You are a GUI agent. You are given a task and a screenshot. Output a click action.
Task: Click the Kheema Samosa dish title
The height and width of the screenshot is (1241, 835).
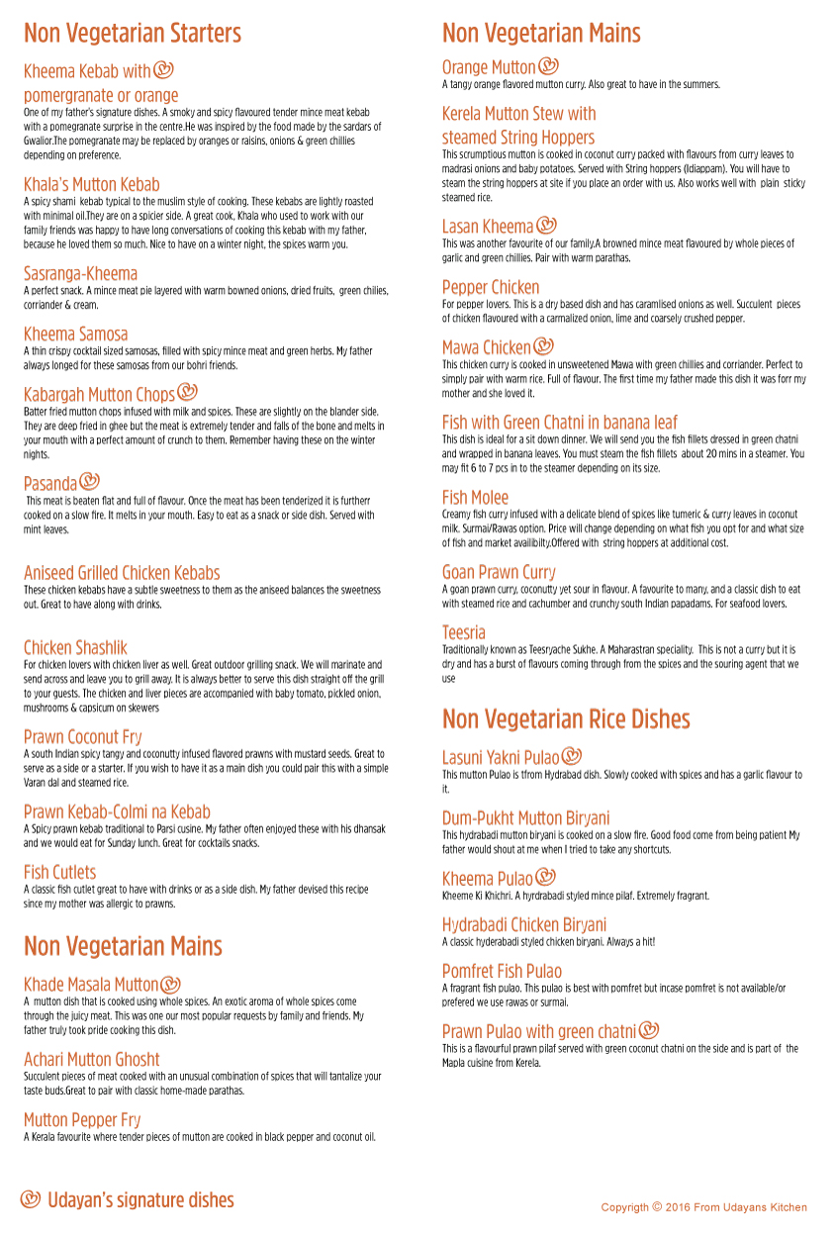pos(76,334)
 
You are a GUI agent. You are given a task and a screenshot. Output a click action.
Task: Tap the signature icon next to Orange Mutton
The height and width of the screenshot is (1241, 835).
pos(549,66)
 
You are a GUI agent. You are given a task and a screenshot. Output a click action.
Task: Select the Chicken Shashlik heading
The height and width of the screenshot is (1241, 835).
pos(75,648)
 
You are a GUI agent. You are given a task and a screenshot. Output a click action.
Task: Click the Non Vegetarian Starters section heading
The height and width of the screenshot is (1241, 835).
pos(133,34)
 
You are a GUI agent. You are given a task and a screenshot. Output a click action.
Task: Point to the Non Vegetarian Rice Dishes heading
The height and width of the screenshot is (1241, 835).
pos(566,718)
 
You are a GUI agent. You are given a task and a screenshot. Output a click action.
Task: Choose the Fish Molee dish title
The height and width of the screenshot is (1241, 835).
pos(475,498)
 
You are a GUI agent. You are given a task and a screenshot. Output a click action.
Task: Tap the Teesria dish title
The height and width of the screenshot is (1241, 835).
pos(464,632)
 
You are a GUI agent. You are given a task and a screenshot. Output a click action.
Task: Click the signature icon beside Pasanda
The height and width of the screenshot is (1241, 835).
pos(90,482)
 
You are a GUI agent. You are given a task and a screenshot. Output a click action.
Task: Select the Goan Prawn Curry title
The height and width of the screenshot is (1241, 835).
pos(499,573)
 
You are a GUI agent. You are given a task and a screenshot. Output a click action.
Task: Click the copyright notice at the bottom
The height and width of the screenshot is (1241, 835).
pos(703,1207)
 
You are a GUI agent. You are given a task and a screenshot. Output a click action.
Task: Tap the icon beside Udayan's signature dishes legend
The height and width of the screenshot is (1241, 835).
pos(31,1199)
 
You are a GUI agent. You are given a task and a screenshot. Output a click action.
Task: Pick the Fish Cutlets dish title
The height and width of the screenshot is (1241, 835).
pos(60,873)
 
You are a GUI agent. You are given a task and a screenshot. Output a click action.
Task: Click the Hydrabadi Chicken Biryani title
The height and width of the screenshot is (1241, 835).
pos(524,925)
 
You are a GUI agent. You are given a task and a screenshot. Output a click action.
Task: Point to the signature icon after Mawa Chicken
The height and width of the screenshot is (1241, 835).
pos(543,346)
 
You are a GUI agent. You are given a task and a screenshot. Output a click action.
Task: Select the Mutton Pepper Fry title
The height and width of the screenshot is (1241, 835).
pos(82,1120)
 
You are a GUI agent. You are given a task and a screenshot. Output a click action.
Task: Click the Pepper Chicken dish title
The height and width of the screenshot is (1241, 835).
pos(491,288)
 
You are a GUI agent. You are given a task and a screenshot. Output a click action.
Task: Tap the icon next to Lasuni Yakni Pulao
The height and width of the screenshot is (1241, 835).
pos(571,757)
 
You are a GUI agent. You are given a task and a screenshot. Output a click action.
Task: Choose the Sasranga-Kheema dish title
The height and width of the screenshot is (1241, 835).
pos(81,274)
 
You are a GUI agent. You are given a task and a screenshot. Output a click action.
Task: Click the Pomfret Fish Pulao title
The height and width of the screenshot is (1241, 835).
pos(502,972)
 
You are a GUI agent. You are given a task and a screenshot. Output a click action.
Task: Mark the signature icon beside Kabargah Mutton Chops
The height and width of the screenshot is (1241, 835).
pos(187,392)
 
